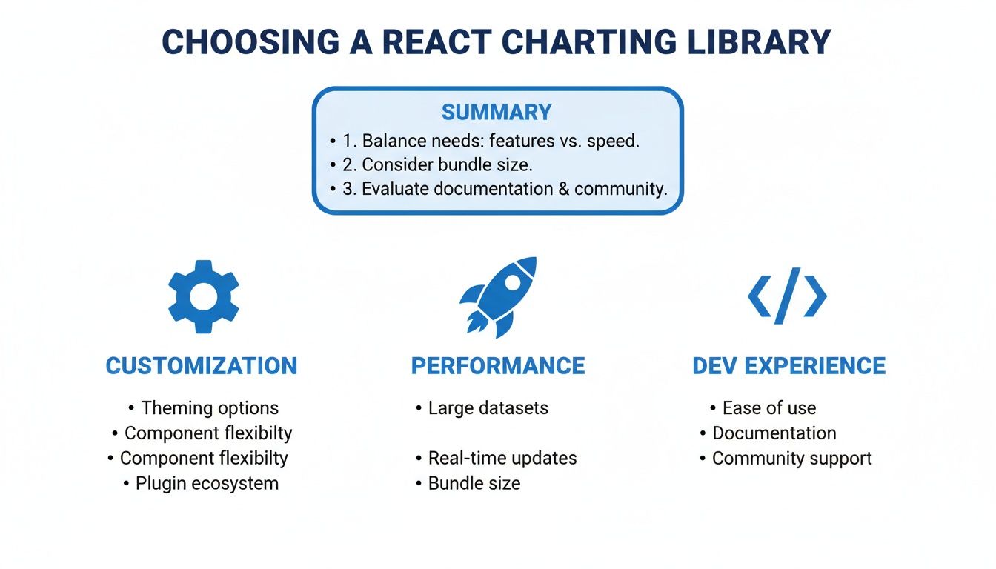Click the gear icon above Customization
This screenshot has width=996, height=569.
click(204, 296)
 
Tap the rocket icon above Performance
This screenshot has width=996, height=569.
click(497, 296)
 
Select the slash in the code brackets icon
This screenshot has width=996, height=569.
click(788, 296)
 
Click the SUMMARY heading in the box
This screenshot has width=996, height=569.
click(497, 113)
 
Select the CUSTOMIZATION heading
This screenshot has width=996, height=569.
click(202, 366)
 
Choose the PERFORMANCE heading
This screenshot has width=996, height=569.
click(498, 366)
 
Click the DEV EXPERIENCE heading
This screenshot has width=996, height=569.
click(788, 366)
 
